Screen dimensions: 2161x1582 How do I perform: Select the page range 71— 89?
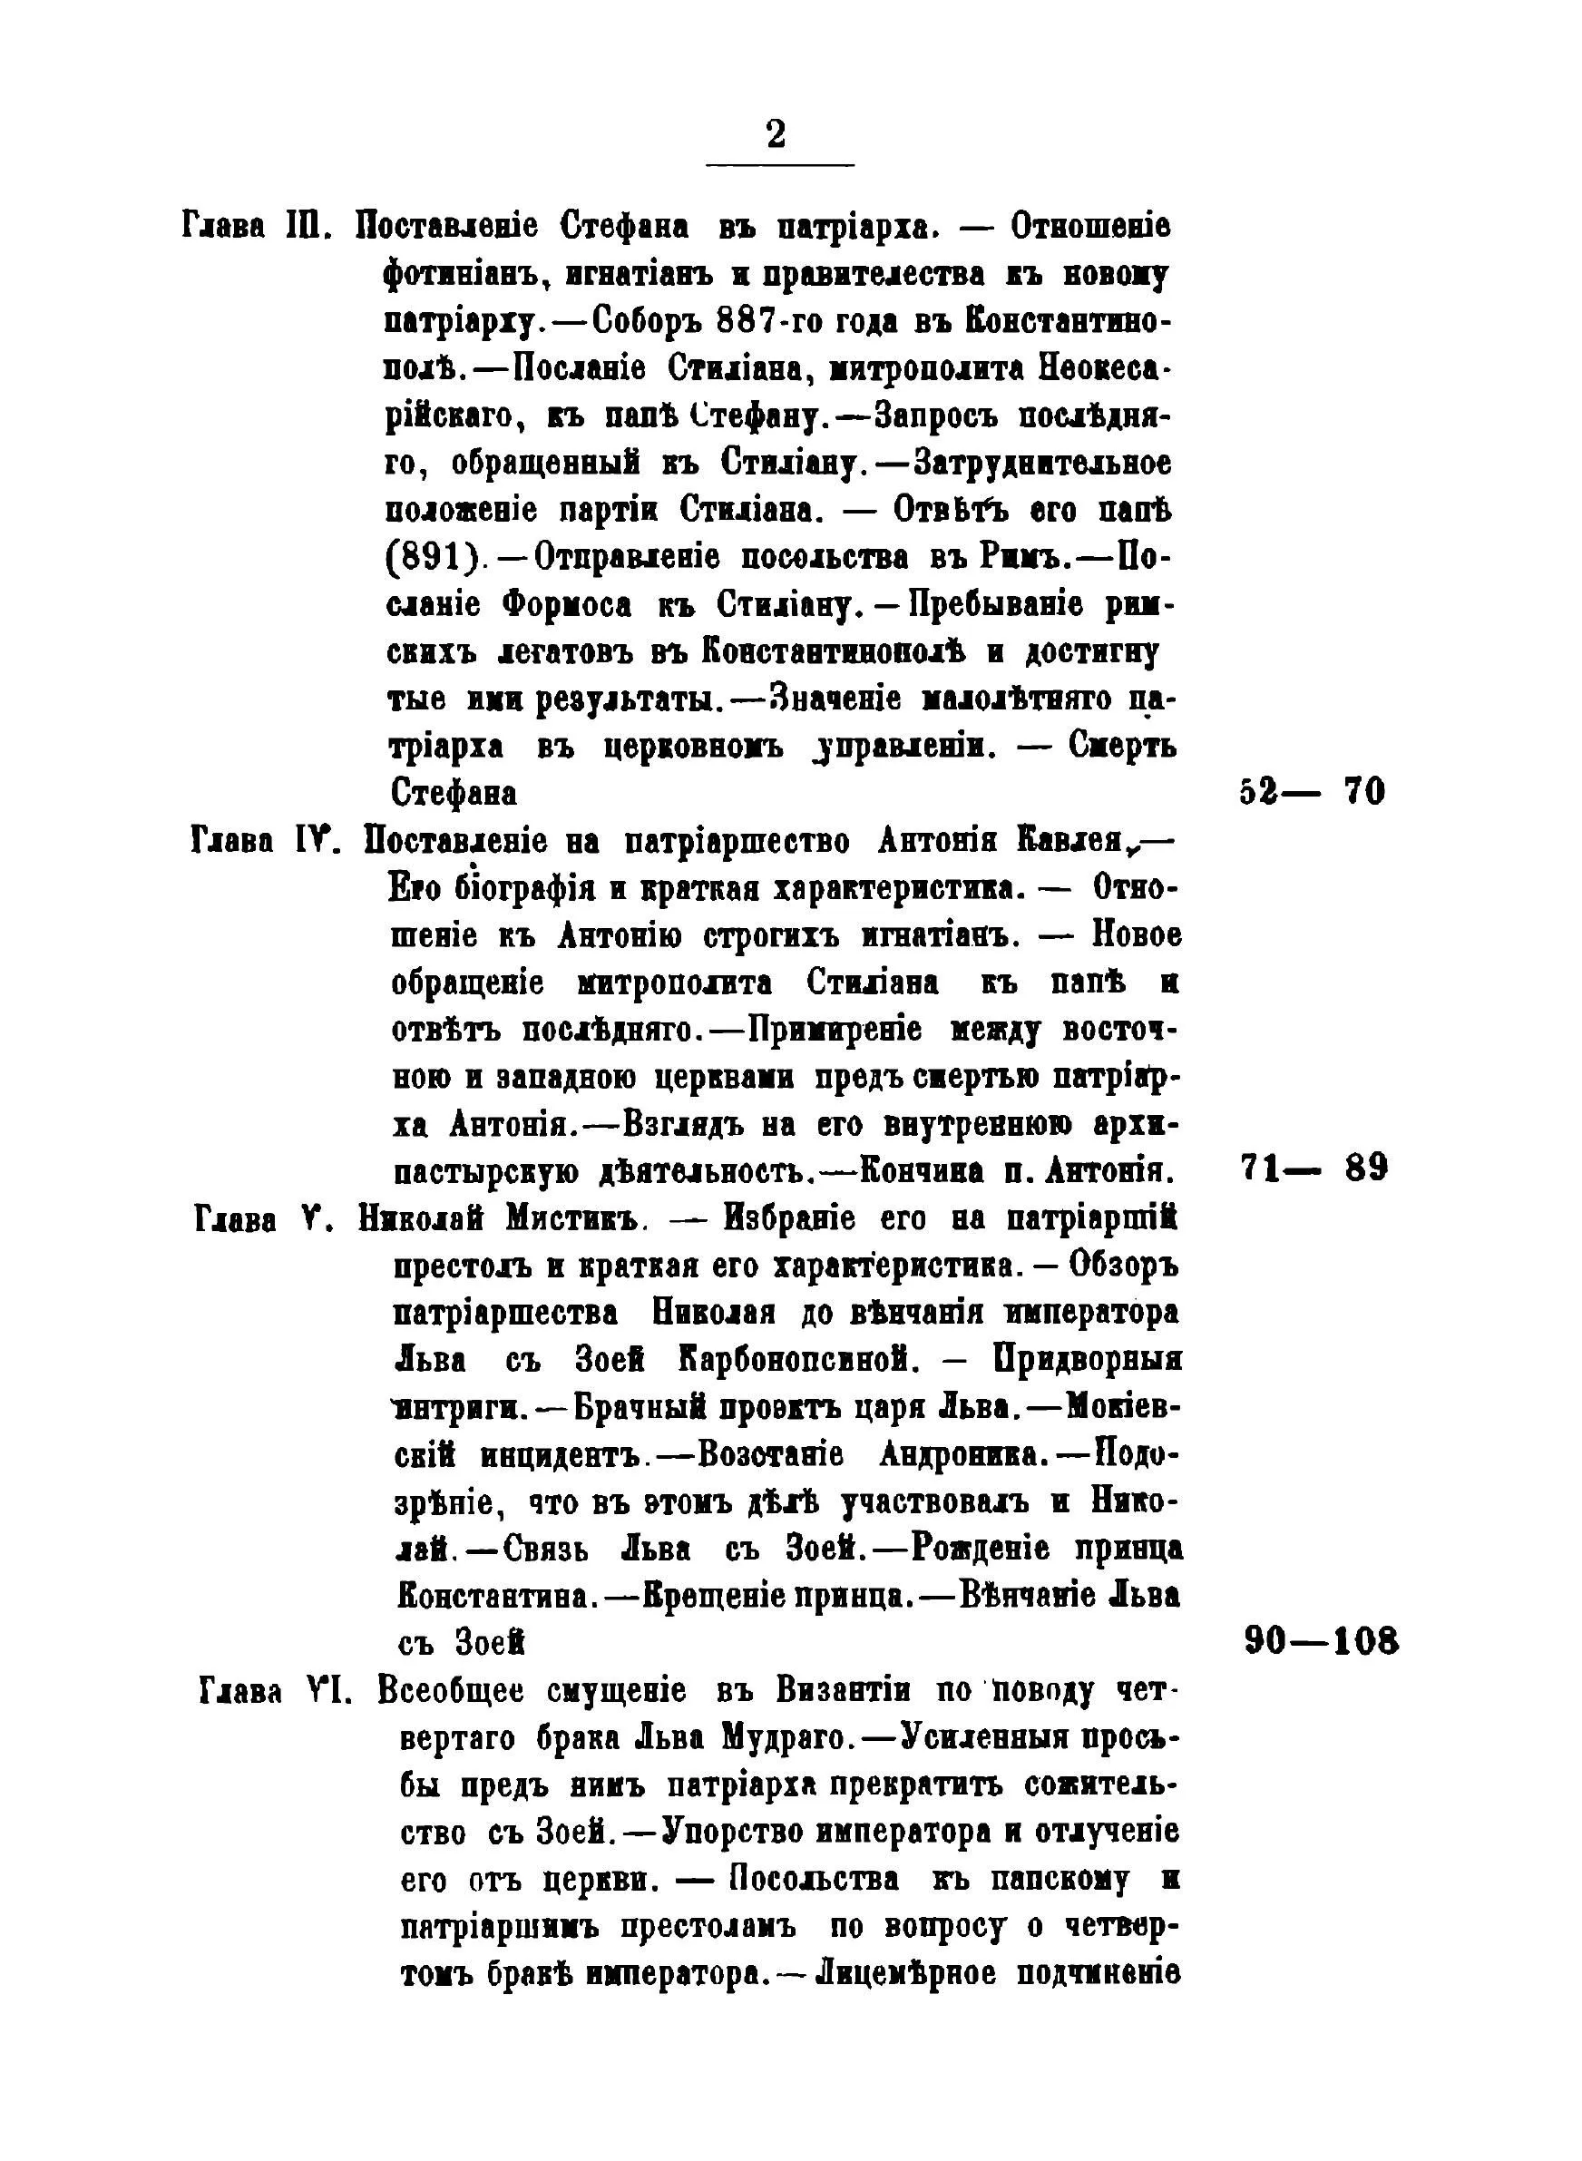1313,1169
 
